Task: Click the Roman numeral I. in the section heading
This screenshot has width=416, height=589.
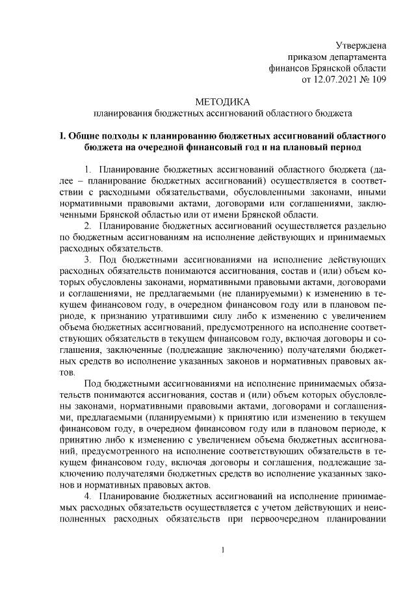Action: click(62, 136)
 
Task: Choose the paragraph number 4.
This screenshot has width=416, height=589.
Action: click(88, 497)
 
